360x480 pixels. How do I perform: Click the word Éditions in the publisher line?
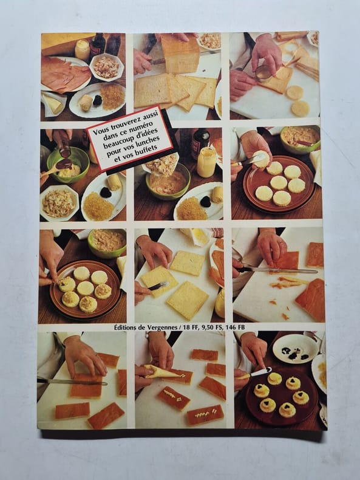point(126,327)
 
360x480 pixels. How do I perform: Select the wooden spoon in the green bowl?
point(56,168)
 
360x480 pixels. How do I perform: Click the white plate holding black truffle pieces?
point(295,349)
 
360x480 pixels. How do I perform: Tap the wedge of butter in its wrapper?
point(53,103)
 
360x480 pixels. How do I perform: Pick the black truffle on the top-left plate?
point(97,100)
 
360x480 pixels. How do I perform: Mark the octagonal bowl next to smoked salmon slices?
point(106,67)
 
